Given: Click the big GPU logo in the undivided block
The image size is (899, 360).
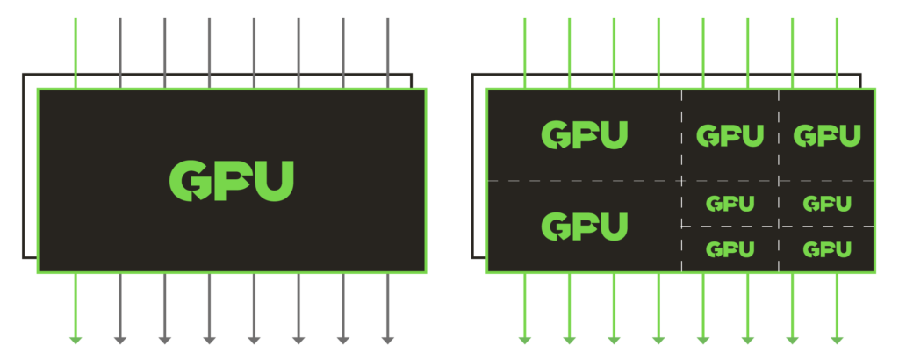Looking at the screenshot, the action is coord(232,181).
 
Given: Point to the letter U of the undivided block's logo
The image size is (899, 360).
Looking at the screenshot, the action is coord(274,181).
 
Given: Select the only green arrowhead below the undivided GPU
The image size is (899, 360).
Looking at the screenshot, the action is coord(76,341).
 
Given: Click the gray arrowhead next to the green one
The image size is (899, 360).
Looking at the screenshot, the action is coord(119,341).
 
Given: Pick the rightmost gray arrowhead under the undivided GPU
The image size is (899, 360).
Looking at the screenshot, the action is coord(387,341).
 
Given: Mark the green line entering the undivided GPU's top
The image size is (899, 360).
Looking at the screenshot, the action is coord(76,53).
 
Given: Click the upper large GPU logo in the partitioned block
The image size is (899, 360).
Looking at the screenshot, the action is coord(584,134).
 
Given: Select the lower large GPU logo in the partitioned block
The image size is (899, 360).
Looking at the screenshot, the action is coord(584,226).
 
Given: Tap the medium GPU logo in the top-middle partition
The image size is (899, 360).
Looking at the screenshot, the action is coord(730,135).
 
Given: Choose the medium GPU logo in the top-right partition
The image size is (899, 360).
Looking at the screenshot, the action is coord(827,135).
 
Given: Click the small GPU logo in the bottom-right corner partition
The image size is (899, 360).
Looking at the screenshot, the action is coord(827,249).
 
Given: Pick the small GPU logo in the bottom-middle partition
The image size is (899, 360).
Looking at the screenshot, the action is coord(730,249).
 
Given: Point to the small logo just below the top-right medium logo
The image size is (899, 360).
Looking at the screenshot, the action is coord(827,204).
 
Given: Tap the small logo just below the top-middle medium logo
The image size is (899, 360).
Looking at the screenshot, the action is coord(730,204).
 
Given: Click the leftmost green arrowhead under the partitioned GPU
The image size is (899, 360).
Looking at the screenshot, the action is coord(525,341).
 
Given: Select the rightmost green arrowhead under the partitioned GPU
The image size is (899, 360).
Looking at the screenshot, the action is coord(837,341).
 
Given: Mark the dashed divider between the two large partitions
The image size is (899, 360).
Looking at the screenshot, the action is coord(584,181).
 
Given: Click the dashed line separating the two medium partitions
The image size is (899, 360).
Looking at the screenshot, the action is coord(779,135).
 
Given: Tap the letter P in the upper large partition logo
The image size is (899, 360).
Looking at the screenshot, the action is coord(585,135).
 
